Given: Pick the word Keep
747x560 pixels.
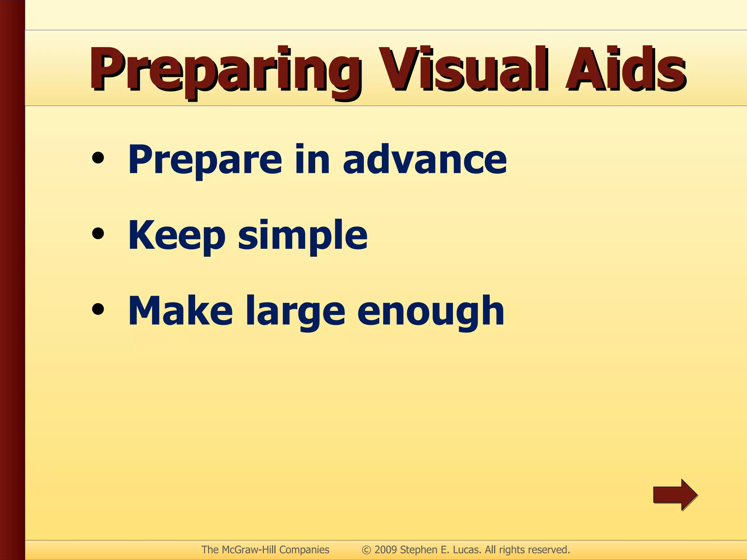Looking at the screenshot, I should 177,236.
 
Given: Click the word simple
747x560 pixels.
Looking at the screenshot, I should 303,236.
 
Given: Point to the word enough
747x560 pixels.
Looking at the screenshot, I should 430,312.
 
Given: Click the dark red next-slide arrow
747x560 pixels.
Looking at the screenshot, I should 675,495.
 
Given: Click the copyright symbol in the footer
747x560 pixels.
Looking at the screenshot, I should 366,550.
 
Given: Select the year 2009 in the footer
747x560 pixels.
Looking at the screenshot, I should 386,550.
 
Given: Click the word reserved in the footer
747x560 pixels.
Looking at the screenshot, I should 549,550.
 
